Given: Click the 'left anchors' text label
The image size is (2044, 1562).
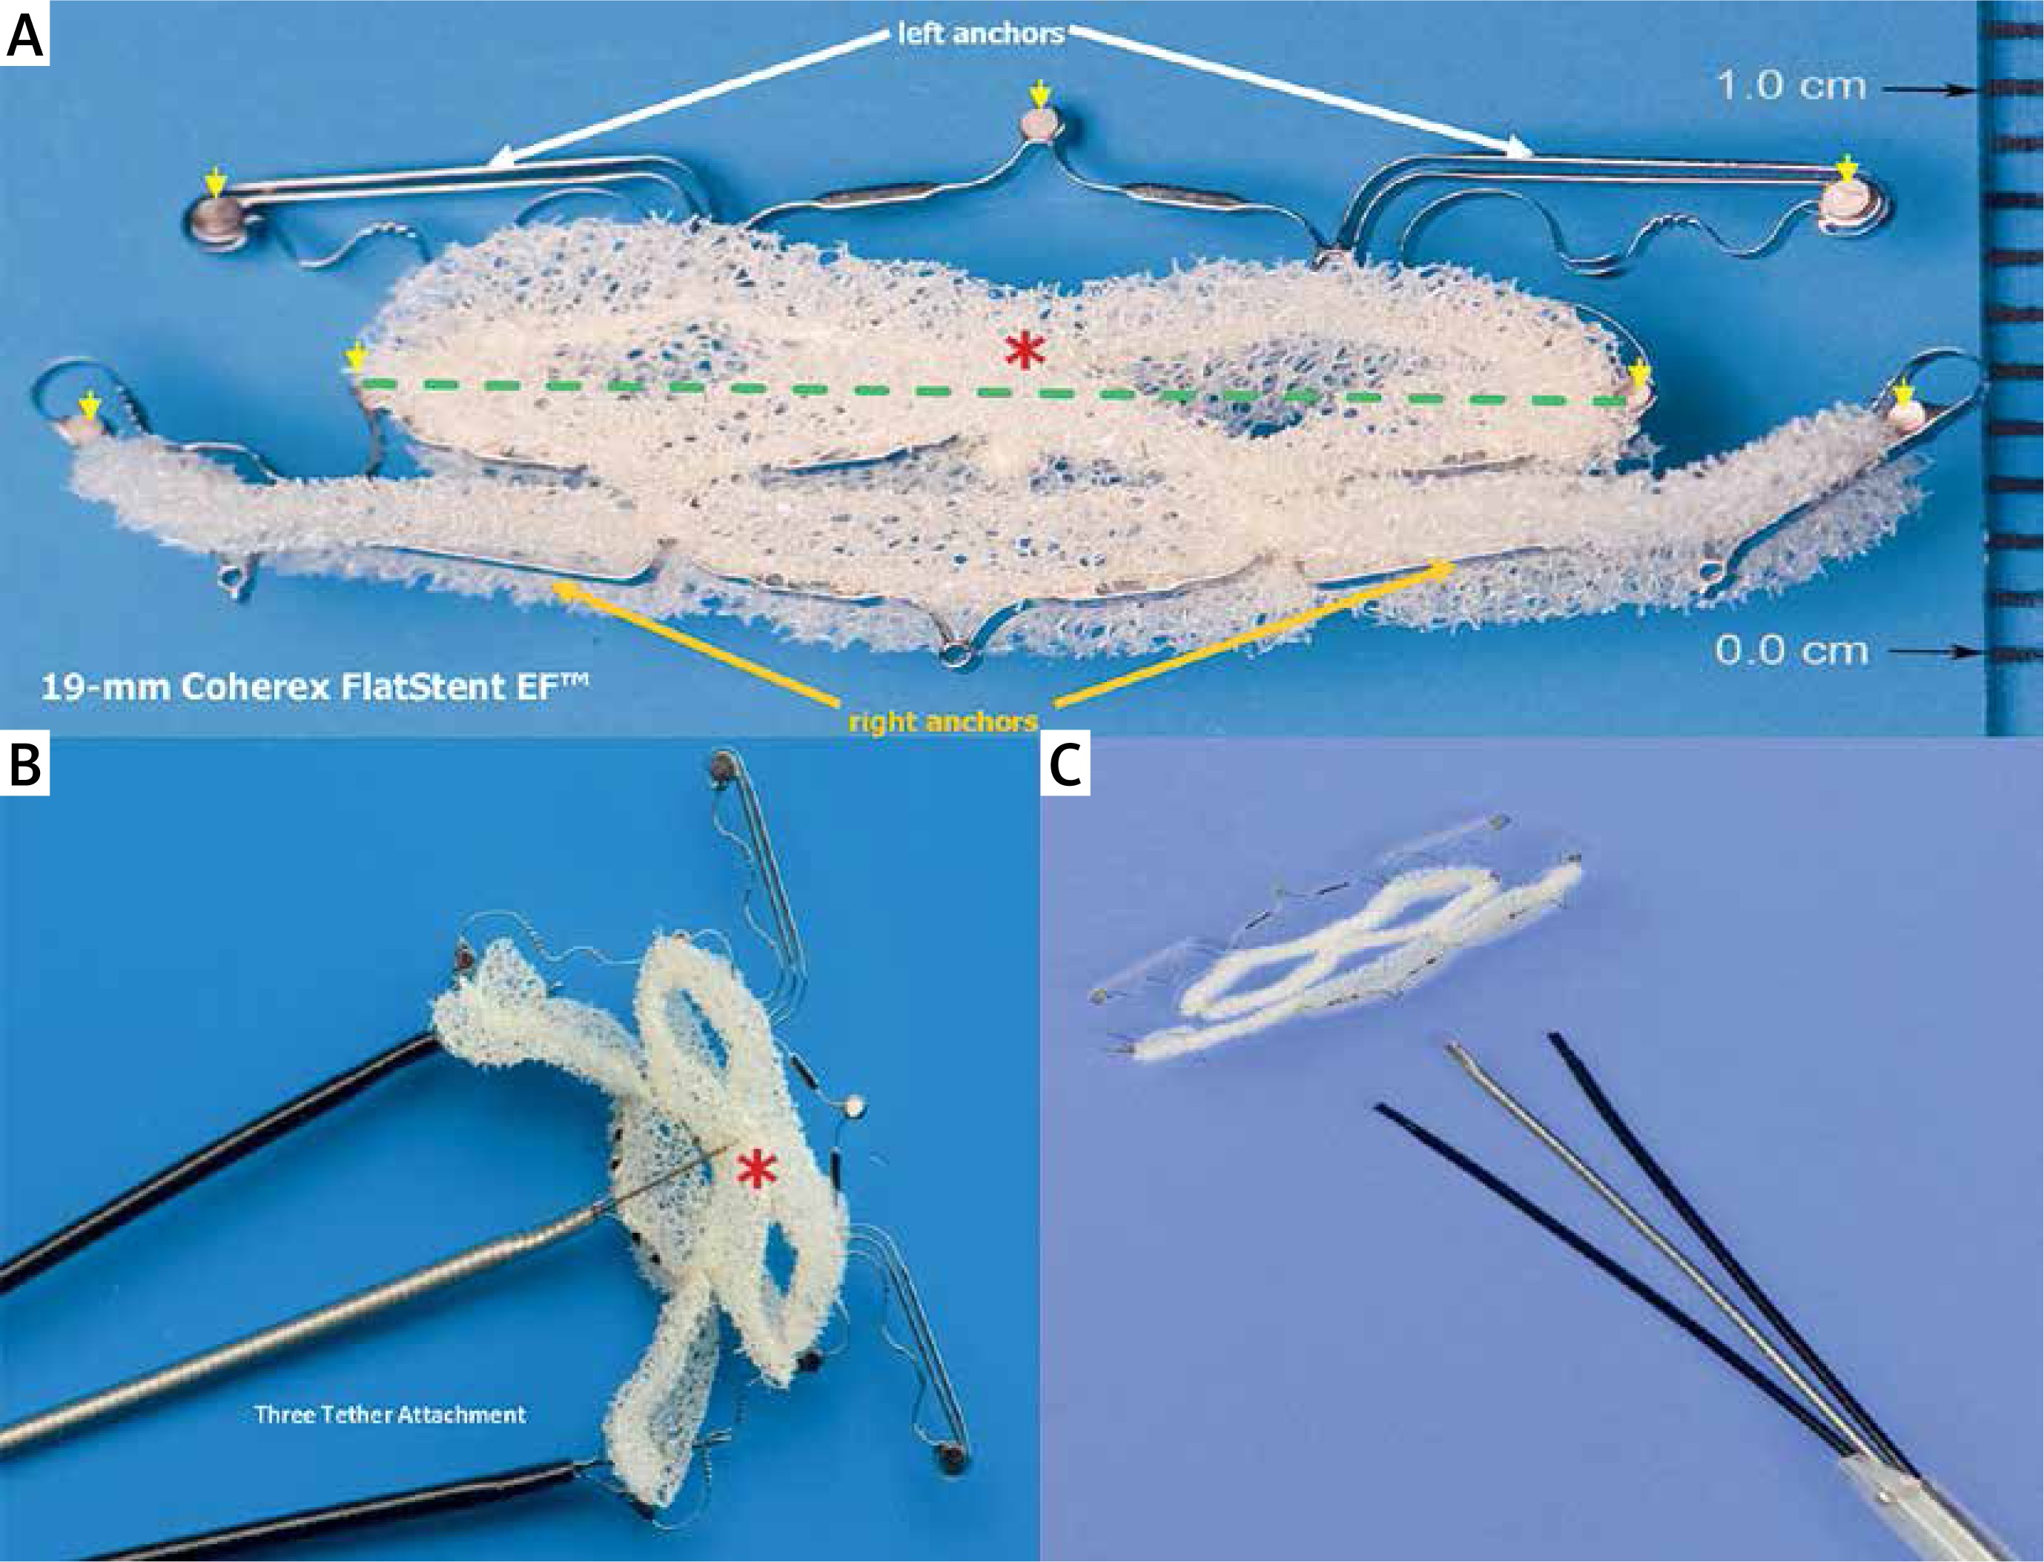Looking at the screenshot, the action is (x=980, y=34).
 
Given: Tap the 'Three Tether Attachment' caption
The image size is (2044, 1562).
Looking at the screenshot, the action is (x=391, y=1414).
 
